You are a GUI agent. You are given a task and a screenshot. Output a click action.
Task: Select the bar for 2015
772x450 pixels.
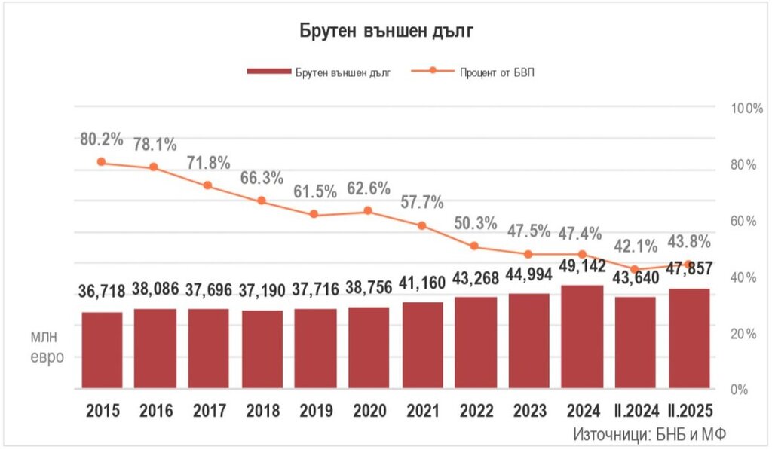point(102,351)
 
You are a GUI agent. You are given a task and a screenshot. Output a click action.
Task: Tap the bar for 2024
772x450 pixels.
point(583,337)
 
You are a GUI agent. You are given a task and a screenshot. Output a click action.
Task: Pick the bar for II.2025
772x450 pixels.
point(689,338)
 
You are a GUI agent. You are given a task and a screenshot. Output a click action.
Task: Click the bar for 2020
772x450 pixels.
point(369,347)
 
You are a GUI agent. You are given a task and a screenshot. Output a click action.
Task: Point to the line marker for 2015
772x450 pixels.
point(102,162)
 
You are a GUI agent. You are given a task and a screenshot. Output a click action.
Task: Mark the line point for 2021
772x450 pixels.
point(421,225)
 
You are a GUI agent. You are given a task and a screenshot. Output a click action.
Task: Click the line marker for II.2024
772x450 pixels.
point(636,269)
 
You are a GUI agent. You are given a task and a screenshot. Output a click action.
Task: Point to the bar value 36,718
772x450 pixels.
point(102,291)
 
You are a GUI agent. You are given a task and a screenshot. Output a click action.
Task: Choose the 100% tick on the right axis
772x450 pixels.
point(747,109)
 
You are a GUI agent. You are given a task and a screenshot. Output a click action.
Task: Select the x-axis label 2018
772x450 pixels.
point(262,411)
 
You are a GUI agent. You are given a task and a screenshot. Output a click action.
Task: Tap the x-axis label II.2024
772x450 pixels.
point(636,411)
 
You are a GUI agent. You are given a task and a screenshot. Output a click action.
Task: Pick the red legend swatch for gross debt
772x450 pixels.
point(268,72)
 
